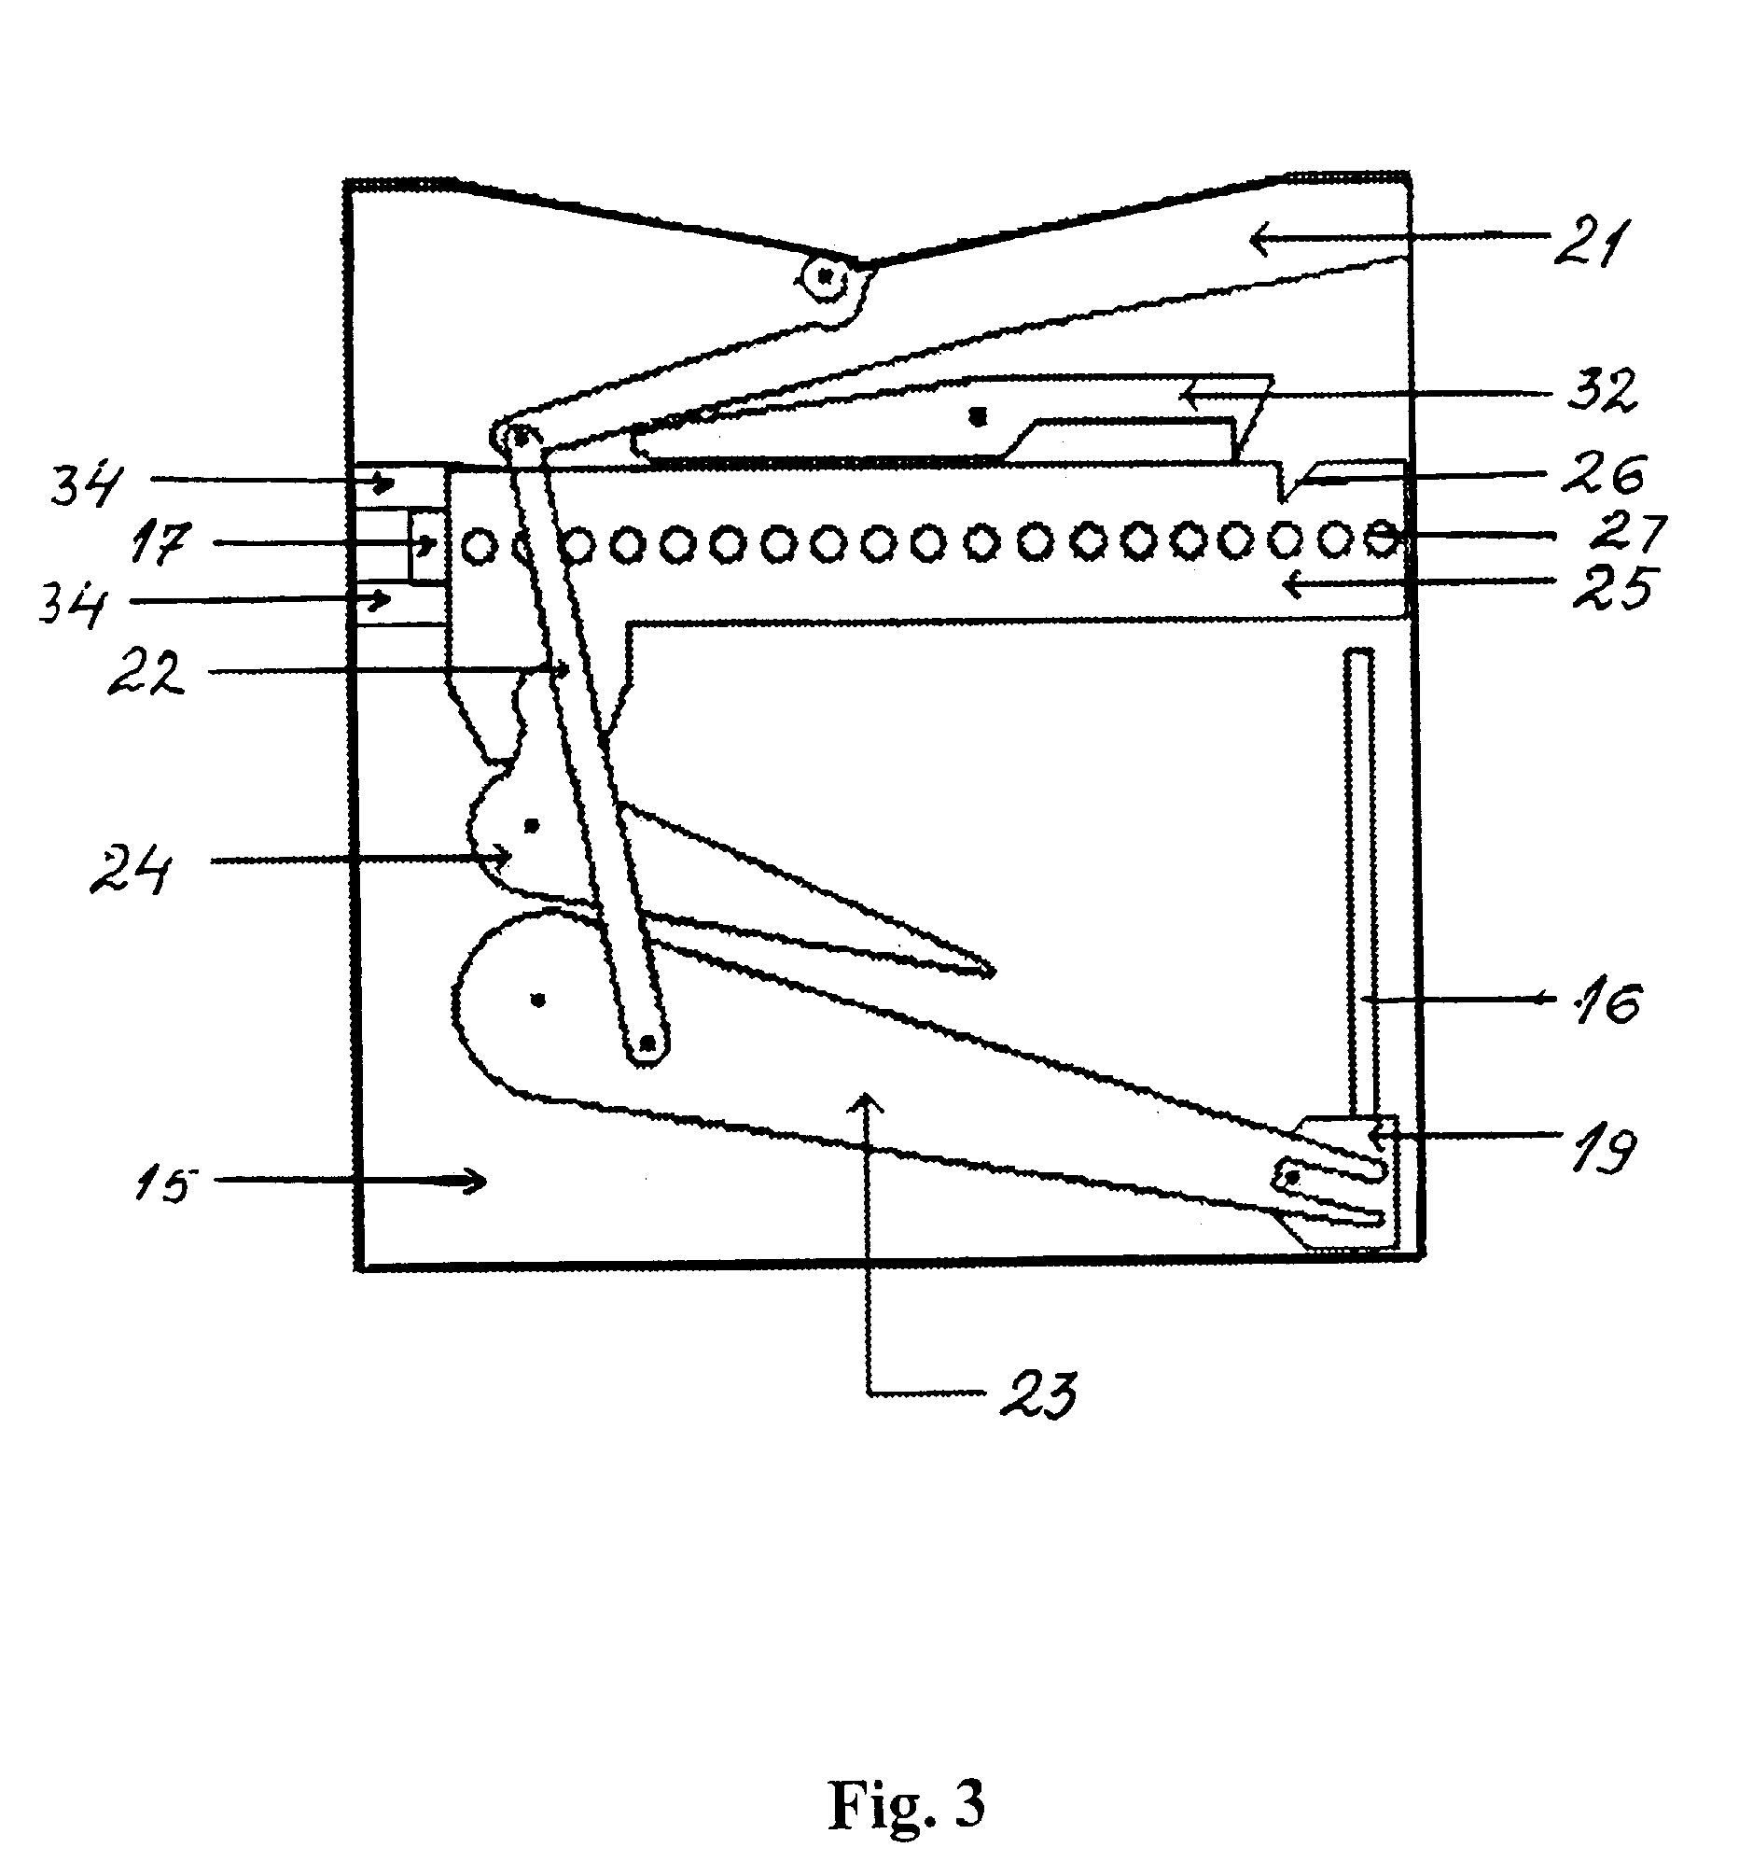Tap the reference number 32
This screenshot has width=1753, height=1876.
(1602, 389)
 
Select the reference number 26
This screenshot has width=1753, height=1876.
(1603, 474)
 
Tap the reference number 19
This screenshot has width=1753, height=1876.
(1602, 1149)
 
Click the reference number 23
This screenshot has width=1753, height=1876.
(1037, 1395)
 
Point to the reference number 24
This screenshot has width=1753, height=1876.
(131, 869)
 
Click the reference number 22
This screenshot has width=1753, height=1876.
(145, 673)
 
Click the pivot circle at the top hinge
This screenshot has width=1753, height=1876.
(827, 277)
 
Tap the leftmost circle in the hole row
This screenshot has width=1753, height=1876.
(480, 544)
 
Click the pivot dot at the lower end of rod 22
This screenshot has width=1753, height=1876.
(647, 1043)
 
